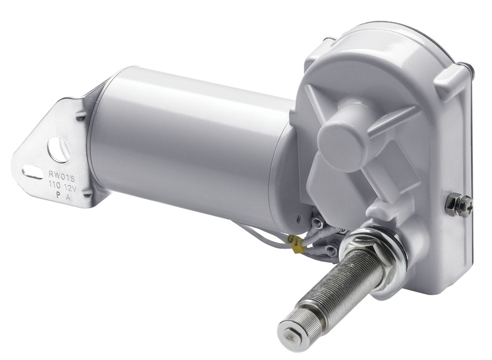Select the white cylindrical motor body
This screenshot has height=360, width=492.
pos(184,148)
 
